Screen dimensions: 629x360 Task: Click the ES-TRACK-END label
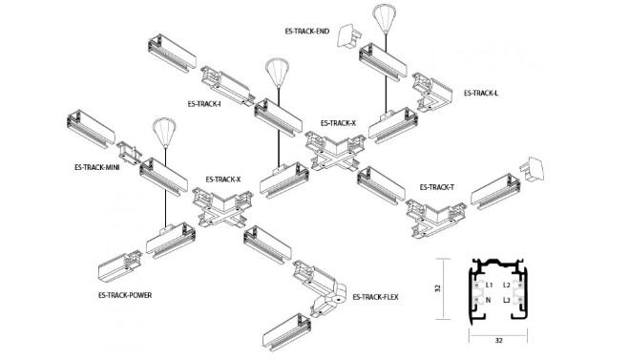click(307, 32)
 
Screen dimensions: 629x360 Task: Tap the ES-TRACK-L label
click(481, 94)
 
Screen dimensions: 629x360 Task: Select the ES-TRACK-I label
click(204, 104)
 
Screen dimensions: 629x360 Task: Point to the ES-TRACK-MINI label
click(96, 167)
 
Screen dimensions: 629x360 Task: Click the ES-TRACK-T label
click(437, 187)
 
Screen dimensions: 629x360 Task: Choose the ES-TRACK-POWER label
click(125, 295)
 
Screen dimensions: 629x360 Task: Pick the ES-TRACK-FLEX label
click(375, 297)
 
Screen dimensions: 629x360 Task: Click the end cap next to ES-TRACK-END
click(348, 36)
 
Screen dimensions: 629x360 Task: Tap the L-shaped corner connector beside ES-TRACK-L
click(432, 93)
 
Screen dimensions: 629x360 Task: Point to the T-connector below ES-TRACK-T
click(435, 218)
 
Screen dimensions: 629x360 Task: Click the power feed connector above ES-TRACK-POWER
click(119, 265)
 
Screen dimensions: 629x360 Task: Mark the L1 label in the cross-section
click(489, 286)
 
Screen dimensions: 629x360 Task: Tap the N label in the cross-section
click(488, 300)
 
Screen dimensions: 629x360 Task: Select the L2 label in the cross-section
click(506, 286)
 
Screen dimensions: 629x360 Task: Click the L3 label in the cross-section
click(506, 300)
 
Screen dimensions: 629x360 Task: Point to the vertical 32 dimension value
click(438, 288)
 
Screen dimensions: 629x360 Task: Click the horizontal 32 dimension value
click(498, 341)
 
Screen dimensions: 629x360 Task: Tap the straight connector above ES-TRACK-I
click(228, 86)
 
